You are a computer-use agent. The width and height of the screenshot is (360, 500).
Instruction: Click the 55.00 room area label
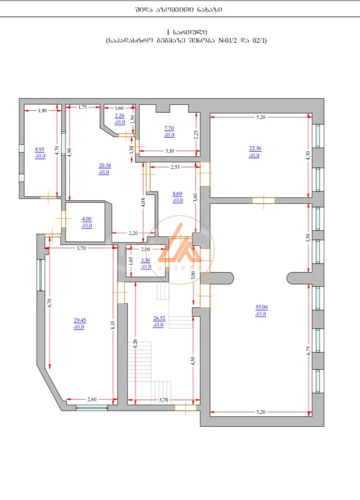point(262,307)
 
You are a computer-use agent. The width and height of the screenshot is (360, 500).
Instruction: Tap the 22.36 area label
point(255,148)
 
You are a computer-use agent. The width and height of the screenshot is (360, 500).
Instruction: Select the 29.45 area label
point(80,320)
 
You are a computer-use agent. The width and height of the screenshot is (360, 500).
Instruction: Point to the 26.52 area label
point(159,318)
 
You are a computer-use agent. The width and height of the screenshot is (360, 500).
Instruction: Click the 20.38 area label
point(105,165)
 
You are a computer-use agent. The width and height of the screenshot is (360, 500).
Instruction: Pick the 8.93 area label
point(39,149)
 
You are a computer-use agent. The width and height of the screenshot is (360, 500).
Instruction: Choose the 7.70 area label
point(169,128)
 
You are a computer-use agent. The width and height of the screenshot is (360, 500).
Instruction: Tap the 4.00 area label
point(86,219)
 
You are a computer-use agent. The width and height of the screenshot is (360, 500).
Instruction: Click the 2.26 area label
point(119,116)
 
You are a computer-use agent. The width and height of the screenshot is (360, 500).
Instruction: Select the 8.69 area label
point(177,194)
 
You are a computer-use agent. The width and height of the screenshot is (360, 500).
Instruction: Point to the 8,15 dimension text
point(113,325)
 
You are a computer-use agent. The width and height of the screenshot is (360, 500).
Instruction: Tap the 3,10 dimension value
point(169,151)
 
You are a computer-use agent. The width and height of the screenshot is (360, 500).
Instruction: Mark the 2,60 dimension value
point(92,399)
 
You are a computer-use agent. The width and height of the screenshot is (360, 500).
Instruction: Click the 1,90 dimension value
point(42,111)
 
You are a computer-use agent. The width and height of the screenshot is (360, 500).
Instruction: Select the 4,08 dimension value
point(143,203)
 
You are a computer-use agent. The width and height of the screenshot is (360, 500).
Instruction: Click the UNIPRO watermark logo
point(181,249)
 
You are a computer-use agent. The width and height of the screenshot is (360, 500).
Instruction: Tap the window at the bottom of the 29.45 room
point(92,408)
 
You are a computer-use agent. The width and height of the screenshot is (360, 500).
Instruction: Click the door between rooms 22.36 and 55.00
point(263,201)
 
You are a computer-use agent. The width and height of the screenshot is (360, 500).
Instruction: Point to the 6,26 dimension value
point(135,343)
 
